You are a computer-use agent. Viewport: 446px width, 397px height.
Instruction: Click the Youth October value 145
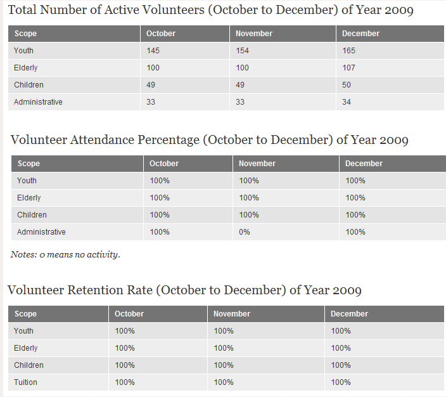coord(153,51)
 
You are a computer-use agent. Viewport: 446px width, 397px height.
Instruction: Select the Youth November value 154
coord(243,51)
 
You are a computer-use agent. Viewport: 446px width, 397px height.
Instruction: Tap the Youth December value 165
coord(348,51)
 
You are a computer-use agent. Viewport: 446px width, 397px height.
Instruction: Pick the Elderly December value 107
coord(348,68)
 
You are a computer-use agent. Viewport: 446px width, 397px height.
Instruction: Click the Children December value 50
coord(347,85)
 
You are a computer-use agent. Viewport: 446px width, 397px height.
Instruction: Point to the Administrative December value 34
coord(347,102)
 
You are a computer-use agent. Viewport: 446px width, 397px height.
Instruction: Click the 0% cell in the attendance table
coord(245,232)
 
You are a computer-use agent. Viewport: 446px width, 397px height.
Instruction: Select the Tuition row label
coord(25,382)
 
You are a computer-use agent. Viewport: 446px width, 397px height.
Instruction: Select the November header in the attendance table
coord(257,164)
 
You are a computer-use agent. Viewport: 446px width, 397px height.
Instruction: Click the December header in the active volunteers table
coord(360,34)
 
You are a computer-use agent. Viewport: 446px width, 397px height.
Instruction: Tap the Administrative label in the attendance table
coord(41,232)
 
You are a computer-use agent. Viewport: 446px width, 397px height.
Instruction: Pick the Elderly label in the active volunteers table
coord(25,68)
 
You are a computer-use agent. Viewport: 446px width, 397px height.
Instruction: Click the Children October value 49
coord(151,85)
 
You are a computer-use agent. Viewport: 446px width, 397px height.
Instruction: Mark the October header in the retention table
coord(129,314)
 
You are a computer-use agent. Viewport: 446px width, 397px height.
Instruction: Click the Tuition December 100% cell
coord(341,382)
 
